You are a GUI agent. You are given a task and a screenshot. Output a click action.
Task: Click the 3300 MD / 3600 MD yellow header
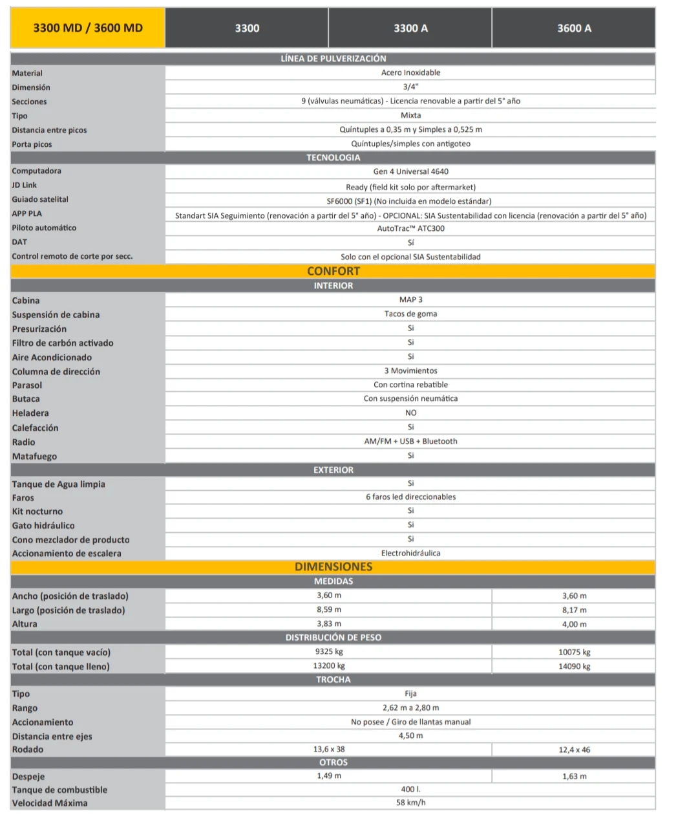coord(88,28)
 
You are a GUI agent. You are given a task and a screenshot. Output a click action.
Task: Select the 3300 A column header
coord(410,28)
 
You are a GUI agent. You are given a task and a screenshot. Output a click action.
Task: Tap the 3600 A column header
coord(574,28)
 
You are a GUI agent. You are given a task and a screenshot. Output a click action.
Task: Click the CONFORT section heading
coord(333,271)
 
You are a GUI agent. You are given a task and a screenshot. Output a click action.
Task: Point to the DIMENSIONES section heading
coord(333,566)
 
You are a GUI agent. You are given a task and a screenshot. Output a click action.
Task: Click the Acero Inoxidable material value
coord(410,72)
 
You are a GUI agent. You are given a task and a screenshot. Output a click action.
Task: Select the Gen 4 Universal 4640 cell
coord(410,171)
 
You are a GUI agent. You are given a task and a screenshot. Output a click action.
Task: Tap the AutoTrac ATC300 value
coord(410,228)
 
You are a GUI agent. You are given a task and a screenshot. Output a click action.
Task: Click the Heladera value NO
coord(410,413)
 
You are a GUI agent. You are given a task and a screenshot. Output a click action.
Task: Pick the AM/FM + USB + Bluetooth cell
coord(410,441)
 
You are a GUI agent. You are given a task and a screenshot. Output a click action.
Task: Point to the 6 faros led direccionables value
coord(410,497)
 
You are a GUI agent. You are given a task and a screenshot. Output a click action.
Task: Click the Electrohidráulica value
coord(410,553)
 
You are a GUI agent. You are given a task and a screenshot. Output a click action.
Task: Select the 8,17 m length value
coord(574,610)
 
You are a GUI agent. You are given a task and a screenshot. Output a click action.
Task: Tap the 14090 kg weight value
coord(574,666)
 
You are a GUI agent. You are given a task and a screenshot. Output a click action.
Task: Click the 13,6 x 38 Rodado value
coord(329,749)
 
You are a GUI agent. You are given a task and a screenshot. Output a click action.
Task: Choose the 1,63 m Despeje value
coord(574,776)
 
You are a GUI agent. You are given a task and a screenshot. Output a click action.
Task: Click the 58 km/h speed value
coord(410,803)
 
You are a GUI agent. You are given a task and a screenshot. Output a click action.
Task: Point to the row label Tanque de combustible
coord(59,790)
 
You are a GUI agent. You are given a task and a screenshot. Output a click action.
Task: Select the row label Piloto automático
coord(44,228)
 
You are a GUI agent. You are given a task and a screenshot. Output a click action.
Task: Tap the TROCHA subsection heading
coord(333,680)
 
